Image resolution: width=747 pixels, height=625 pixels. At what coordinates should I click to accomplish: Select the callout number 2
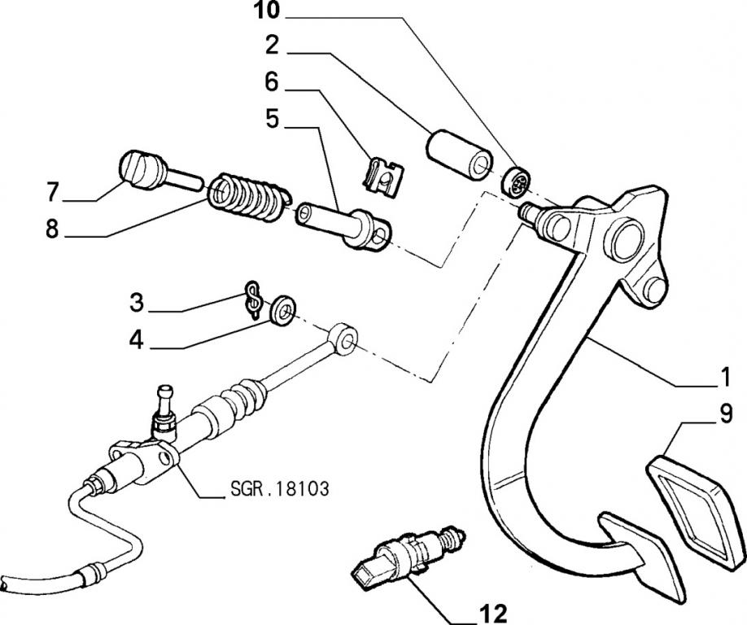[271, 46]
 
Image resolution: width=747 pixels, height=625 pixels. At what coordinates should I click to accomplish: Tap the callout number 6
[271, 82]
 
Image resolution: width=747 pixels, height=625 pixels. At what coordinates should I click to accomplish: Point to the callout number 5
[271, 120]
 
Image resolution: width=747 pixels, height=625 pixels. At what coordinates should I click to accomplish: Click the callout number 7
[53, 193]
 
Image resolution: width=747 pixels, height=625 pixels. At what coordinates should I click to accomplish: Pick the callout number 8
[53, 230]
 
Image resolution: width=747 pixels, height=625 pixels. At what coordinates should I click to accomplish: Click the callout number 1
[721, 378]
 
